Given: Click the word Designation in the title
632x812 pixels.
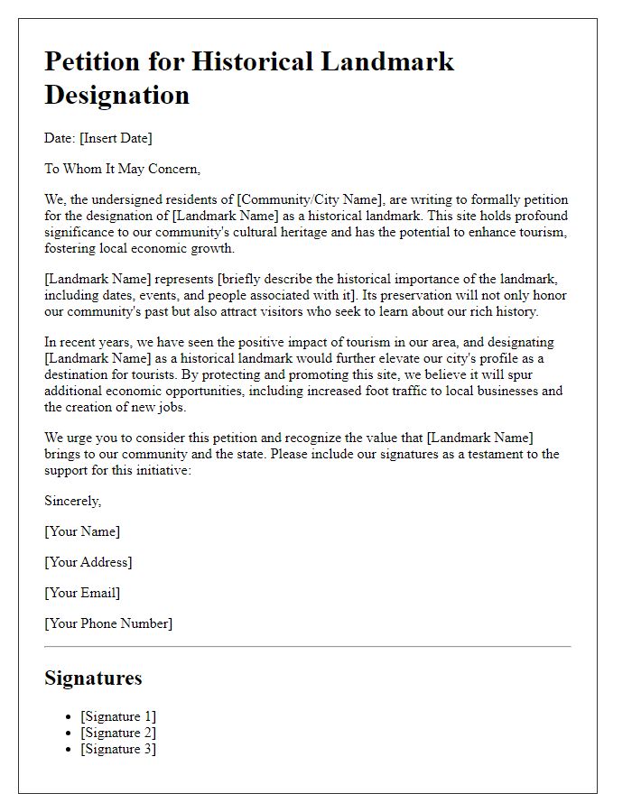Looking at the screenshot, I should click(x=116, y=95).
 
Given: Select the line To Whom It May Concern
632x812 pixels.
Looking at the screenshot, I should click(x=122, y=169).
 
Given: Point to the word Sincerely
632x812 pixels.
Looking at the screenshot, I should click(x=73, y=501).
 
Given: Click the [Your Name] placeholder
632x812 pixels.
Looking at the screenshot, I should click(x=82, y=531).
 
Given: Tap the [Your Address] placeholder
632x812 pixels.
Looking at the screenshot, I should click(x=88, y=562).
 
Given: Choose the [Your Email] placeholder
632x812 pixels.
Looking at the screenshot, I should click(x=82, y=593).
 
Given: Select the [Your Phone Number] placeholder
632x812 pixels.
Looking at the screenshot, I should click(x=108, y=623).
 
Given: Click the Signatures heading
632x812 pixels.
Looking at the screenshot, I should click(x=93, y=678).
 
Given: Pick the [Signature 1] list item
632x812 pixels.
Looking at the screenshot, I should click(x=118, y=716).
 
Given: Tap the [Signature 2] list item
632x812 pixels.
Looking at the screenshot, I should click(x=118, y=733).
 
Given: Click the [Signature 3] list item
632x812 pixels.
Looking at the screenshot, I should click(x=118, y=749).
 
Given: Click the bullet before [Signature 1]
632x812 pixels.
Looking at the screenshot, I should click(x=70, y=717).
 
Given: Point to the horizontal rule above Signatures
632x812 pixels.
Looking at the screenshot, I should click(x=307, y=646).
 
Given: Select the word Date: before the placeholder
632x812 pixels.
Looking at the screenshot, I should click(x=60, y=138).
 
